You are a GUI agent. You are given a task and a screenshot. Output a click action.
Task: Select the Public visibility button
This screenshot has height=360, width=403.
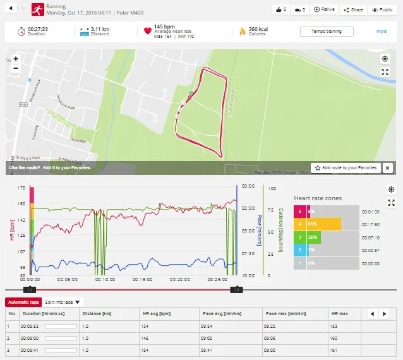pyautogui.click(x=383, y=10)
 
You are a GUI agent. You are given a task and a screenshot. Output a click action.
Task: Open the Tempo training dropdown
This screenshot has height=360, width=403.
pyautogui.click(x=327, y=32)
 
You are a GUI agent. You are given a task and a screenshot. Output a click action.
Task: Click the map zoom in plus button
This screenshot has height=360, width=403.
pyautogui.click(x=16, y=58)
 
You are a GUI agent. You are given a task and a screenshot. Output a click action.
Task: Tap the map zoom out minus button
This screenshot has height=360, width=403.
pyautogui.click(x=16, y=68)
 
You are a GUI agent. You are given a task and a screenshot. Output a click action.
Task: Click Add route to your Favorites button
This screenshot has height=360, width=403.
pyautogui.click(x=345, y=168)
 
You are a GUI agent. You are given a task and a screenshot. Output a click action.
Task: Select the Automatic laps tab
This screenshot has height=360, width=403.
pyautogui.click(x=23, y=302)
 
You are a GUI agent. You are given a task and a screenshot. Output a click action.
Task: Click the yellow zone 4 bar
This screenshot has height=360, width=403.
pyautogui.click(x=325, y=224)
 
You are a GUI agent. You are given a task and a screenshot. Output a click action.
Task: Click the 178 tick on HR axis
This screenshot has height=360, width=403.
pyautogui.click(x=21, y=188)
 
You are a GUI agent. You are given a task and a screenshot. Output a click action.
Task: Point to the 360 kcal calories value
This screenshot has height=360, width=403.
pyautogui.click(x=258, y=29)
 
